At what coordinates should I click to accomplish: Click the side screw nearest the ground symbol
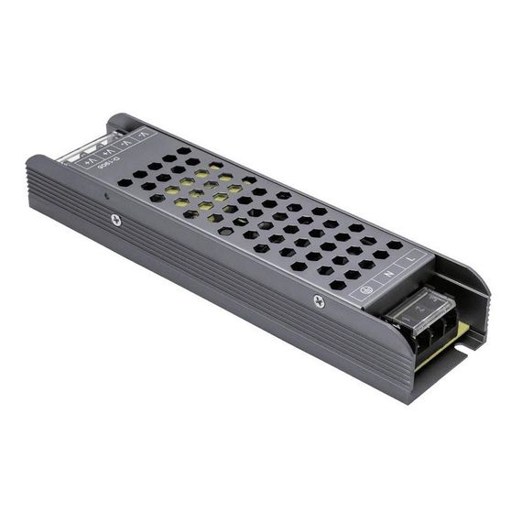coord(319,301)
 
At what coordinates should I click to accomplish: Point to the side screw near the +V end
coord(115,219)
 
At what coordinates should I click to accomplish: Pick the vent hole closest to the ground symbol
coord(338,285)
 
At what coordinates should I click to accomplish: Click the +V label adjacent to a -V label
coord(109,151)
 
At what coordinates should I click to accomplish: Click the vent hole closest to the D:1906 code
coord(125,182)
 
